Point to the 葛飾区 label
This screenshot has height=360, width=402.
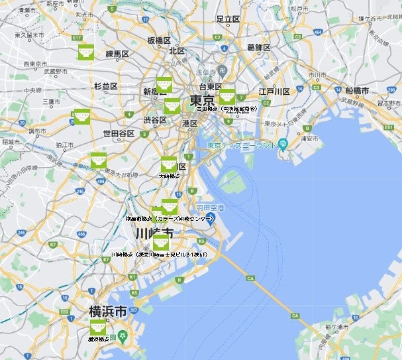coord(259,47)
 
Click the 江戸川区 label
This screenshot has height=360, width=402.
coord(275,91)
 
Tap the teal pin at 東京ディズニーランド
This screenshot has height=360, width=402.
coord(283,143)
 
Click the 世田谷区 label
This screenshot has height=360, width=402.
coord(119,133)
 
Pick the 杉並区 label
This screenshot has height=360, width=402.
coord(105,86)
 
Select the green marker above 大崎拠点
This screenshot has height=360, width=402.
coord(170,164)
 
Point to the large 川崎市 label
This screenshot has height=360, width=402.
coord(154,233)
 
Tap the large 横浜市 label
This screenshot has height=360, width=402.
coord(108,310)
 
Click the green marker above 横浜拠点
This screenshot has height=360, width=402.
coord(99,327)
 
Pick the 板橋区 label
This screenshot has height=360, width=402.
coord(160,40)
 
